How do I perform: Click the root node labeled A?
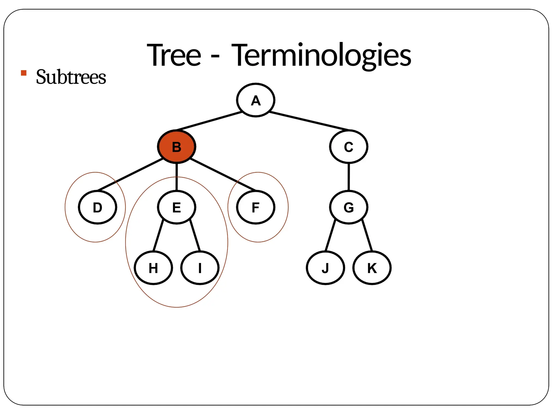[x=255, y=100]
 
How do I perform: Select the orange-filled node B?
[x=177, y=147]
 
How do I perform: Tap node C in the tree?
[x=348, y=147]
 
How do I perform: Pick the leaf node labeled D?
[x=98, y=207]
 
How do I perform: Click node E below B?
[x=177, y=207]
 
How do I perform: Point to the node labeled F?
[x=255, y=207]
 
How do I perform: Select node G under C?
[x=348, y=207]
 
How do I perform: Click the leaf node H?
[x=153, y=268]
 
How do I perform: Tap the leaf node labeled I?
[x=200, y=268]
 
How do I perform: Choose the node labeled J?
[x=325, y=268]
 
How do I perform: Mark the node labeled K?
[x=372, y=268]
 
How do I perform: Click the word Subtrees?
[x=71, y=77]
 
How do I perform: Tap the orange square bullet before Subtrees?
[x=24, y=73]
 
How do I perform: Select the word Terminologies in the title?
[x=322, y=55]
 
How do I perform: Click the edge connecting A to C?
[x=309, y=121]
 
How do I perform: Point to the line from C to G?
[x=348, y=177]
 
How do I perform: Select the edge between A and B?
[x=209, y=121]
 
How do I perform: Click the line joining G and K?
[x=367, y=235]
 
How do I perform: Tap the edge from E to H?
[x=158, y=235]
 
